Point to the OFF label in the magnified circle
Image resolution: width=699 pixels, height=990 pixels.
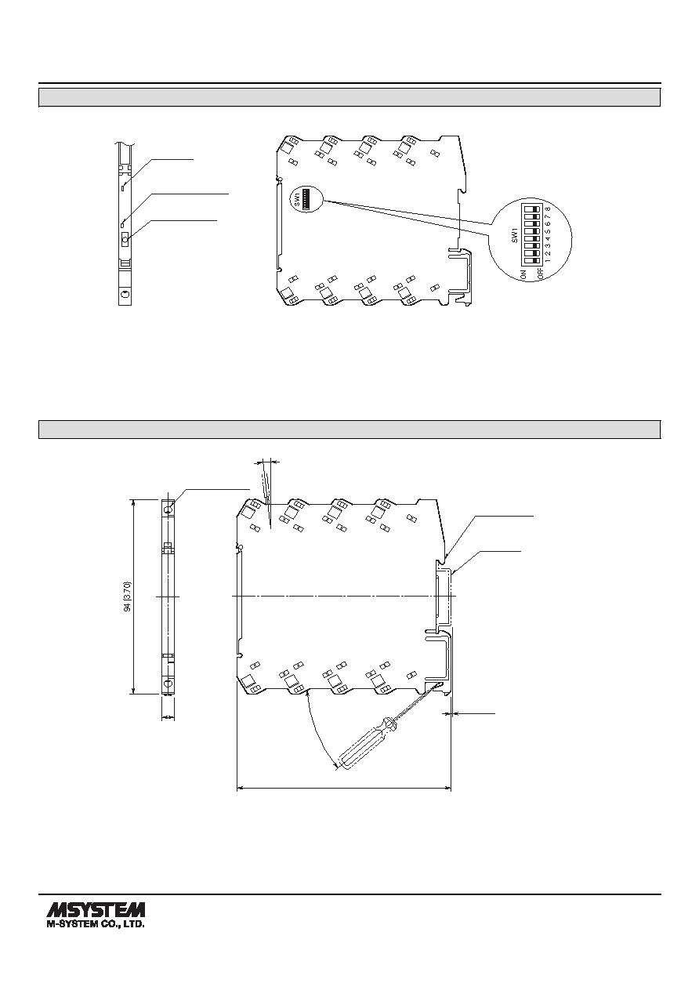point(539,274)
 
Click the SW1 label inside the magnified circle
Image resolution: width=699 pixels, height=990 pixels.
point(514,235)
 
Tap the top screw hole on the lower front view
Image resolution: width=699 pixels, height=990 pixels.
point(168,510)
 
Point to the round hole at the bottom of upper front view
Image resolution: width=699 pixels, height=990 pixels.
point(125,295)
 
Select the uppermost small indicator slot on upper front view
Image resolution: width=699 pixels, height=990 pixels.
point(123,187)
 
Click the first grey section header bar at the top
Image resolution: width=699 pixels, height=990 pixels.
point(349,97)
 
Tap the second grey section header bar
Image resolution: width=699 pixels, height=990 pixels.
point(349,430)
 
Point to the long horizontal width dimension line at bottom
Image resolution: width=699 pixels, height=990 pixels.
point(344,788)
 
